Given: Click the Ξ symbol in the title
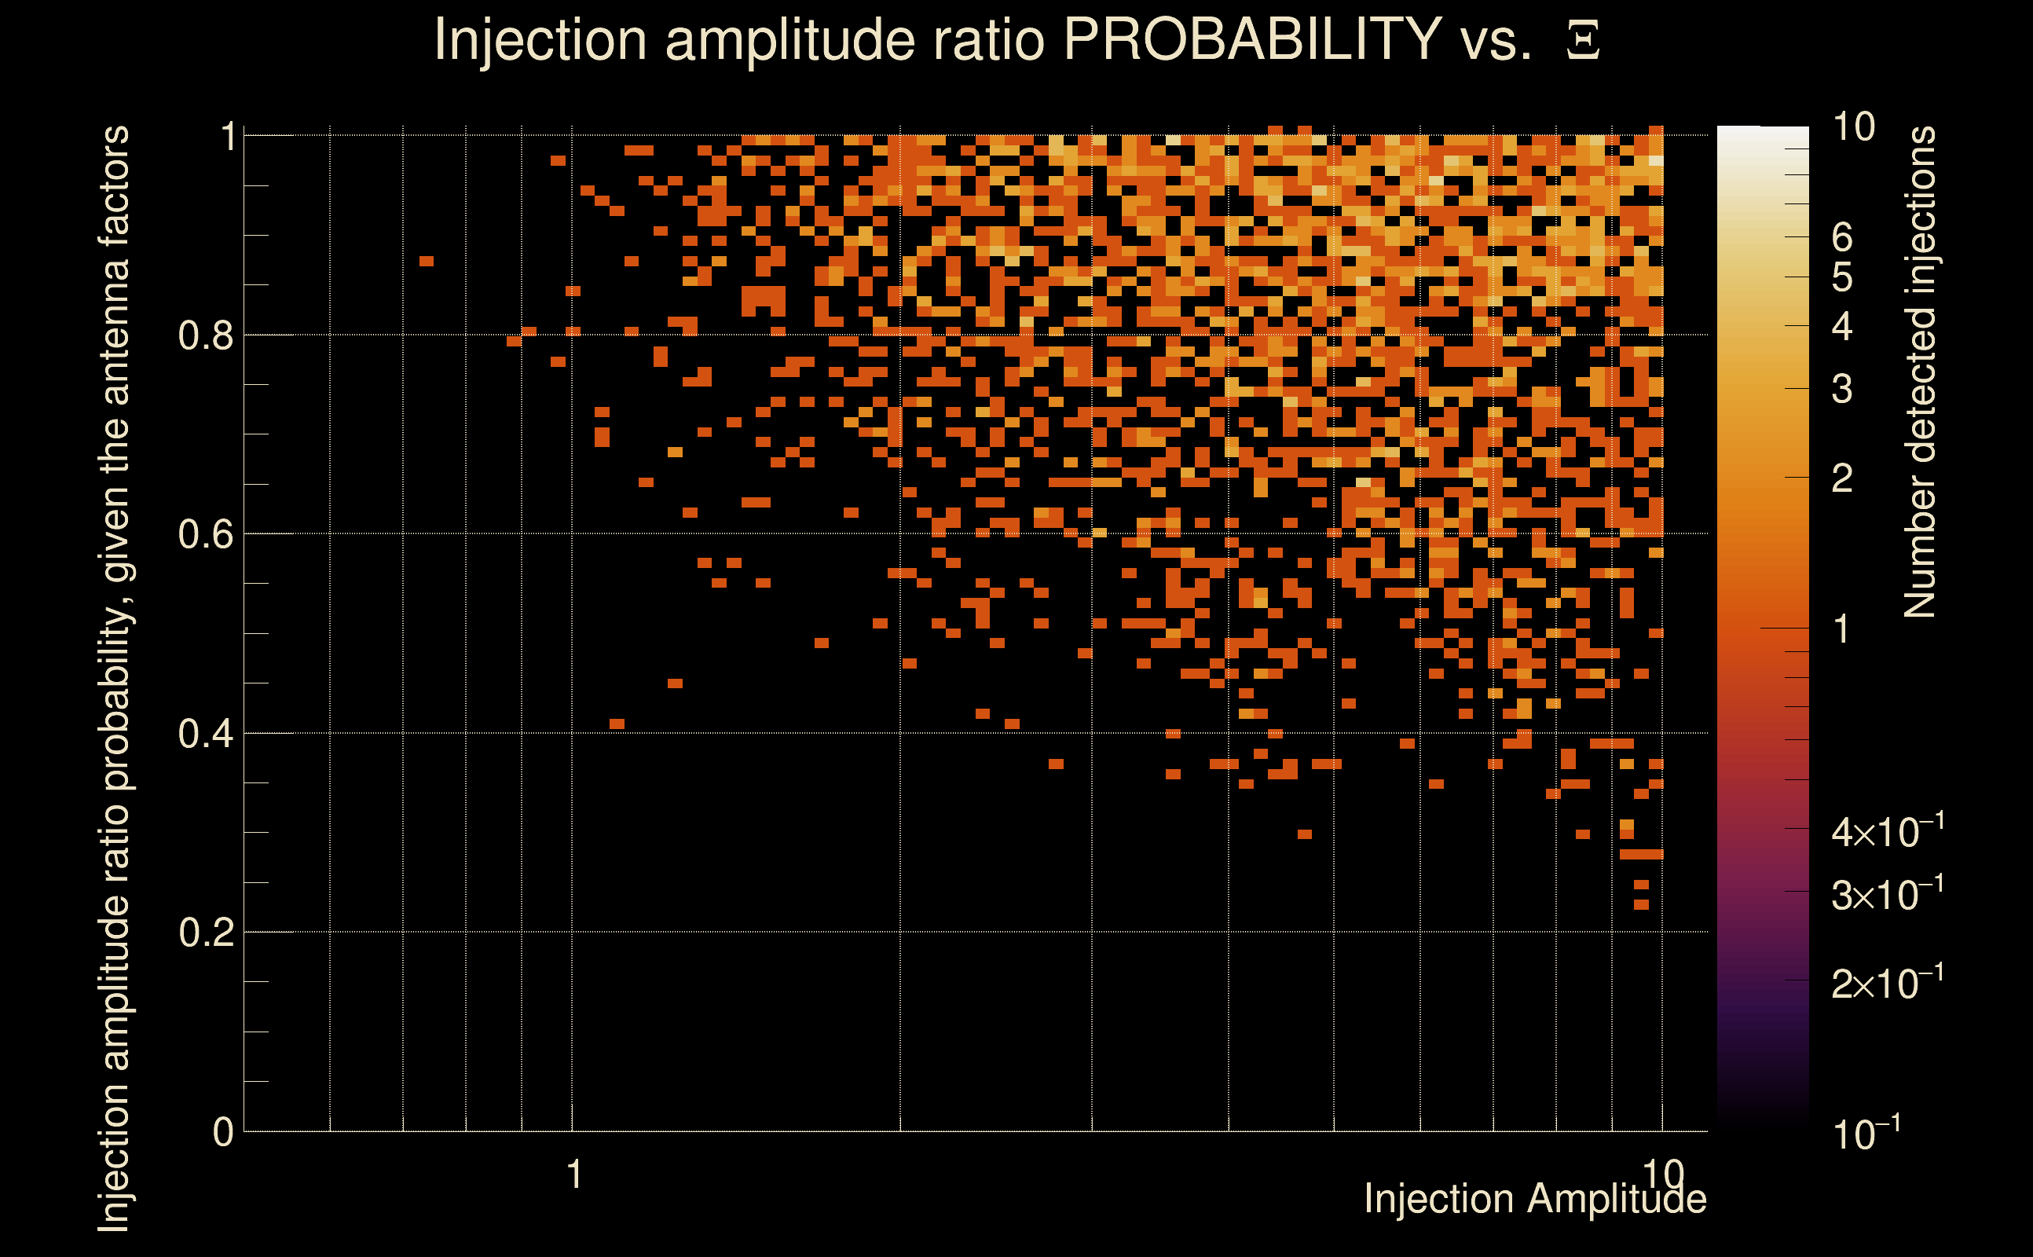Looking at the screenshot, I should click(1583, 41).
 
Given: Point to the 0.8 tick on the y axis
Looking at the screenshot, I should click(206, 336).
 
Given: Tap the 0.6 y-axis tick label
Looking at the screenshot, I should click(206, 534).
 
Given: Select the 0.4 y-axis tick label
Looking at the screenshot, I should click(206, 734).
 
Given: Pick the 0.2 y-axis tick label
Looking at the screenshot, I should click(206, 933).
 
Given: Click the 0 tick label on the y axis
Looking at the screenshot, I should click(223, 1132).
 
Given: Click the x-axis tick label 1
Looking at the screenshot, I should click(573, 1175).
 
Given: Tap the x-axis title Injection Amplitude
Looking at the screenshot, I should click(1534, 1199).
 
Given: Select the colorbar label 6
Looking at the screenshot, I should click(1842, 238).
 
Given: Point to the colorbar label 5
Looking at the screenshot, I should click(1842, 277).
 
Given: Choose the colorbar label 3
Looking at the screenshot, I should click(1842, 389).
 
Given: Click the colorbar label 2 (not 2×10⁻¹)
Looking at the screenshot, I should click(1842, 478).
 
